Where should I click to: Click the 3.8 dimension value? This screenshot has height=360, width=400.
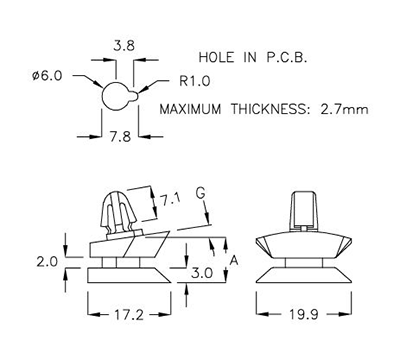click(125, 46)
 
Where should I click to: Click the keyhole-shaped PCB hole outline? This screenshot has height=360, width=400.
click(117, 96)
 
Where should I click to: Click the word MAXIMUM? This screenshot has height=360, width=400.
click(192, 108)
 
